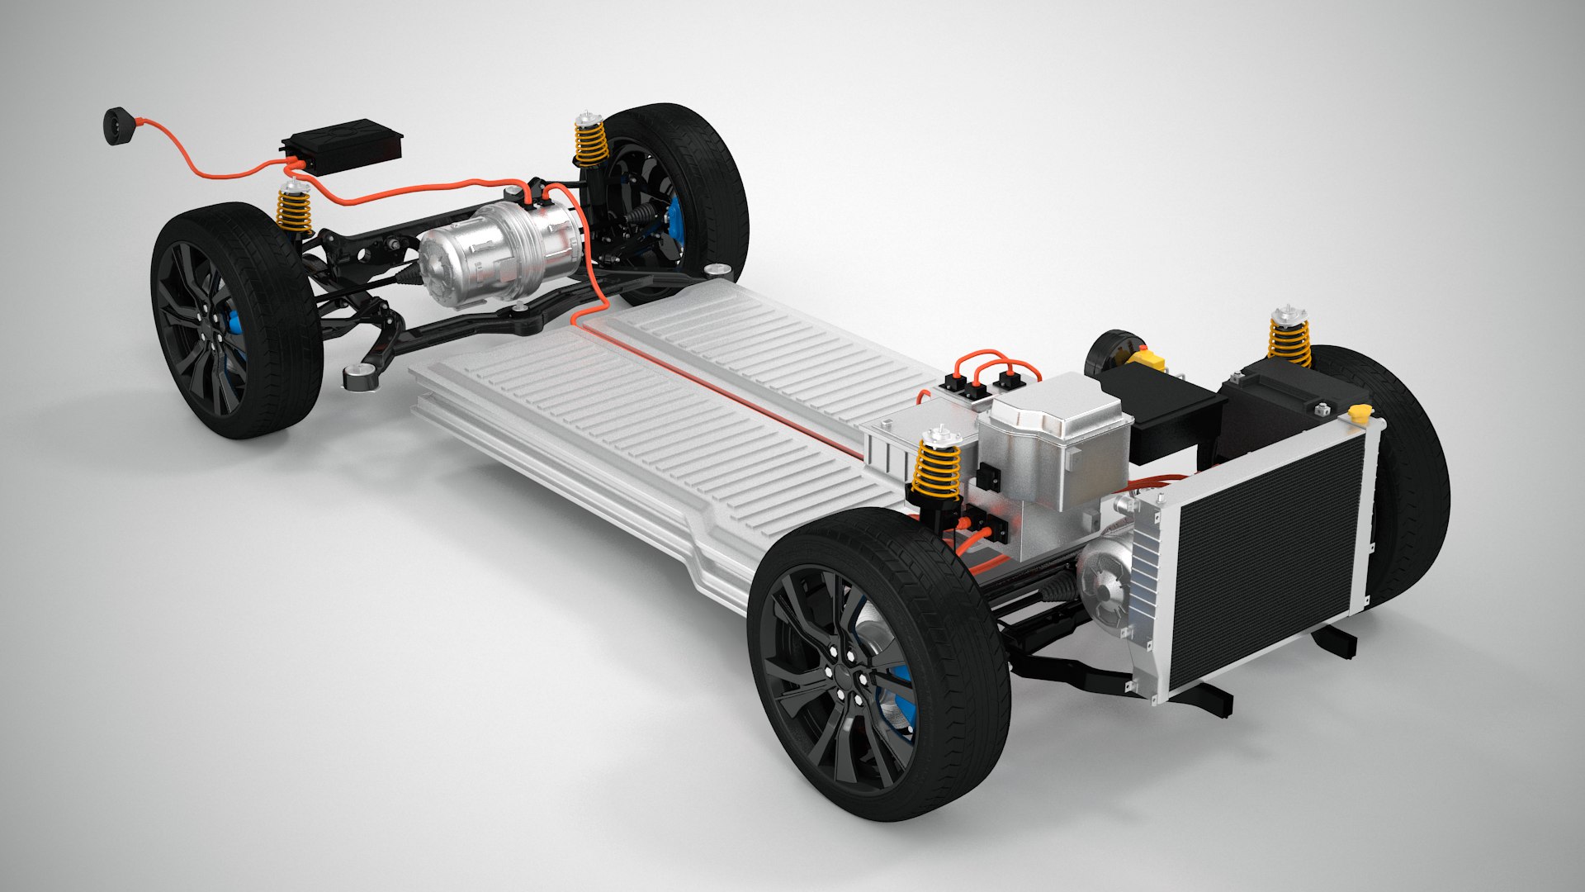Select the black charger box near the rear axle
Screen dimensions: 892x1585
click(x=342, y=147)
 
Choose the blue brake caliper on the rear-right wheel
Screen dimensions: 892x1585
click(x=675, y=221)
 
